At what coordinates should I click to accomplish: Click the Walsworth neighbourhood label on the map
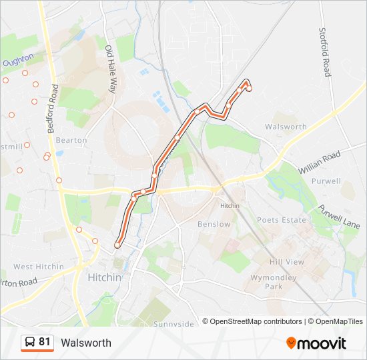286,127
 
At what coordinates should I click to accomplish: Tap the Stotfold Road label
326,52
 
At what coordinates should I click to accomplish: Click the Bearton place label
71,141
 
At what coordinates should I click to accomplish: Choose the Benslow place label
214,225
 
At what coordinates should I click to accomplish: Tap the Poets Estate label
282,220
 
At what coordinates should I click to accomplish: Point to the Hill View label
287,262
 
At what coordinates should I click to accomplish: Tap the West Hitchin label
39,267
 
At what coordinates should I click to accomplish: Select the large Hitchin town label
105,277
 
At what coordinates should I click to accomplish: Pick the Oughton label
18,61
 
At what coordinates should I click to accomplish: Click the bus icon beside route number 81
29,343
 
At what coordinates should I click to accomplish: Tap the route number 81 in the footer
45,342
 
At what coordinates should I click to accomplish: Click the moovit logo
316,343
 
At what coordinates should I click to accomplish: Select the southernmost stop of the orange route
117,245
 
